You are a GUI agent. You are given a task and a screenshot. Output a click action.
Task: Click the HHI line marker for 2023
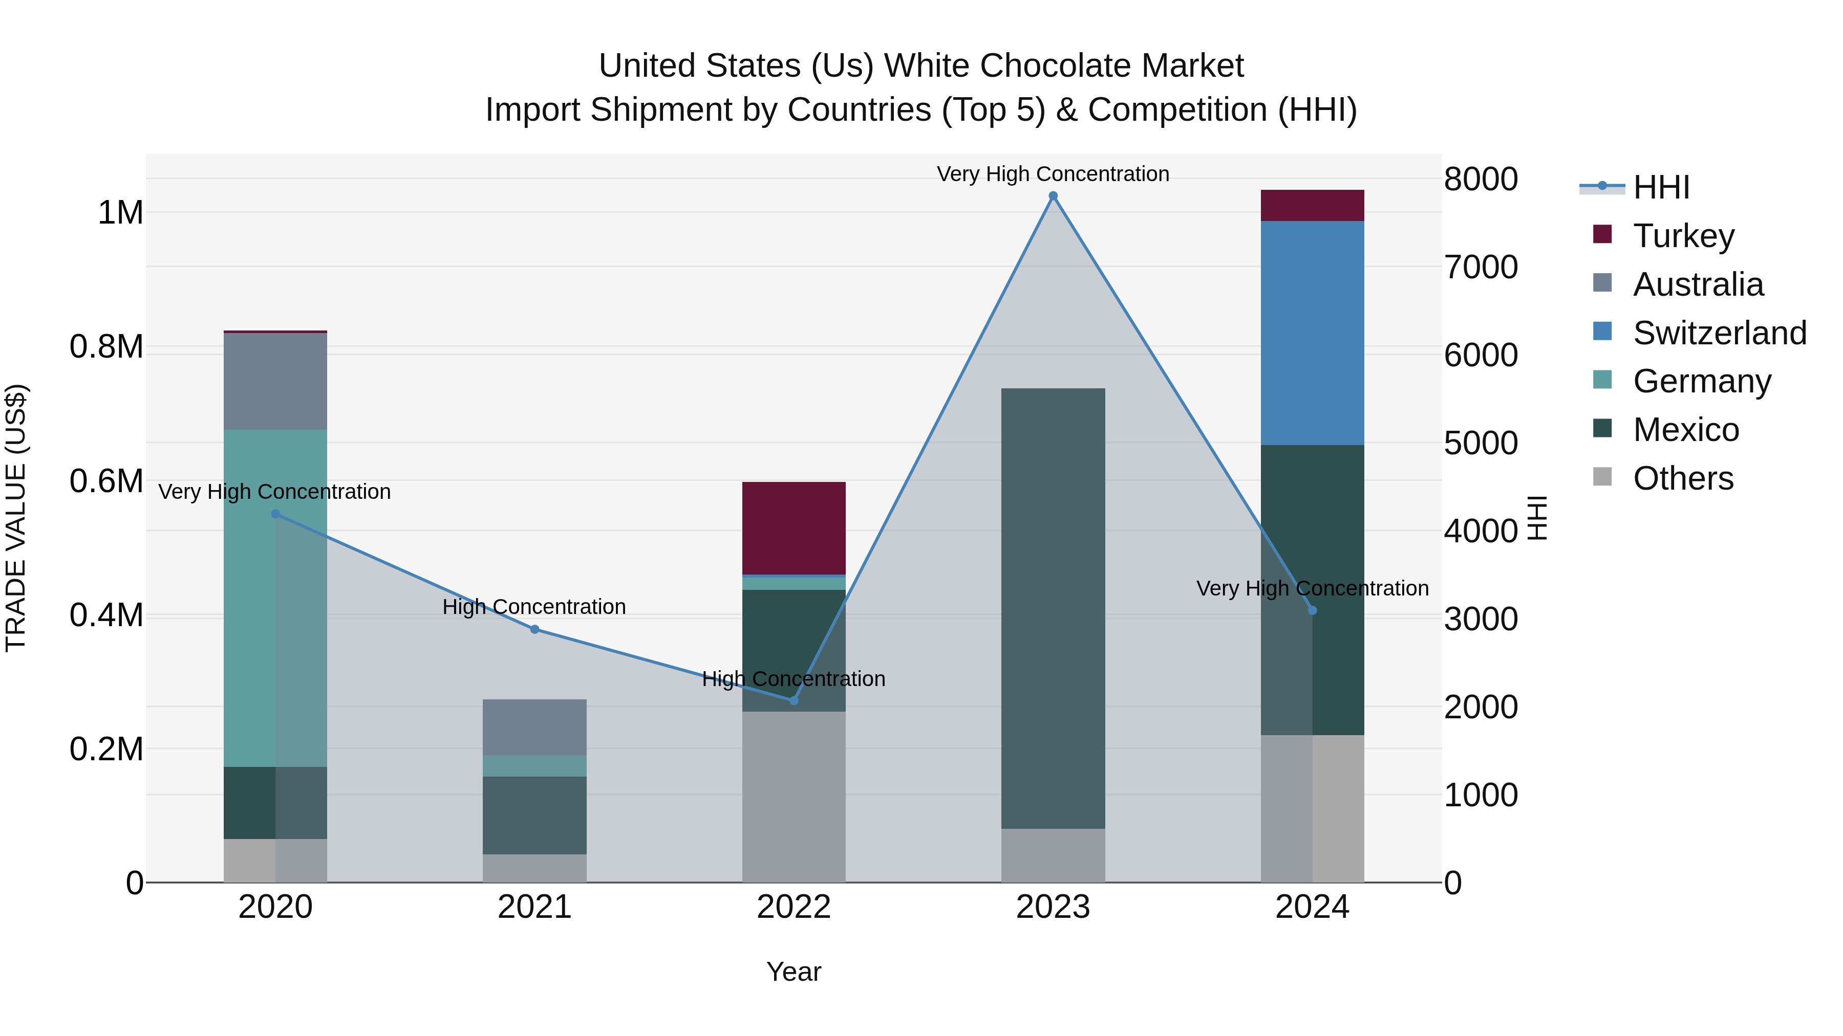click(1053, 196)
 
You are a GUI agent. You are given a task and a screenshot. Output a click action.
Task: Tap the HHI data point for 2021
click(534, 629)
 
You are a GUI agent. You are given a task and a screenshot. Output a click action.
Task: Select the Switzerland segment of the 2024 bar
click(1312, 333)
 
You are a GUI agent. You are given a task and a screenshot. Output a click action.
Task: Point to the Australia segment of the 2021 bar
click(534, 726)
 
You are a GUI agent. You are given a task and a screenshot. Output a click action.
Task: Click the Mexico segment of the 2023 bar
click(1053, 608)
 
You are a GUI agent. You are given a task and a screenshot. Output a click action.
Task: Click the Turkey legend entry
click(1683, 236)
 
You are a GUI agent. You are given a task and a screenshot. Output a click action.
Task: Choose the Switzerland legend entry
click(1719, 333)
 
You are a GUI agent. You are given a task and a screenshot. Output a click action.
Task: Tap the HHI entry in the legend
click(1661, 187)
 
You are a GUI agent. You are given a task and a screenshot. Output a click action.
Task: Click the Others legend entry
click(1683, 478)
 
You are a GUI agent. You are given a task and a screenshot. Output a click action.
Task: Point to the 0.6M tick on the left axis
click(106, 481)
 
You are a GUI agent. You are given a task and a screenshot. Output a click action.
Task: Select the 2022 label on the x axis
click(794, 907)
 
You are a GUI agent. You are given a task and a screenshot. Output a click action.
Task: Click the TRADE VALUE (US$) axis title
click(16, 518)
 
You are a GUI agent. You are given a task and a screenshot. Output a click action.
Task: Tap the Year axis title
click(794, 972)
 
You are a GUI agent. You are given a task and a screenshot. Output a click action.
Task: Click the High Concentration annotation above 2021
click(534, 606)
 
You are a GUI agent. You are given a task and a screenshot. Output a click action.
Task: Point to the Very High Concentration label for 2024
click(1312, 588)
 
